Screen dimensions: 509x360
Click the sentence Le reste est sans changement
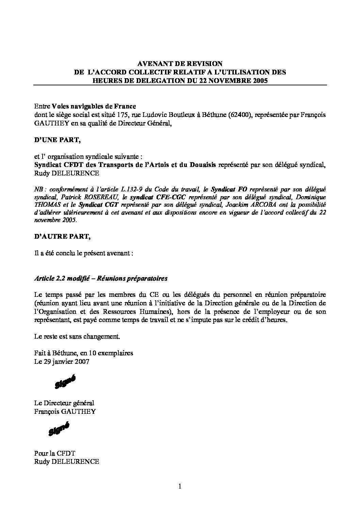tap(77, 337)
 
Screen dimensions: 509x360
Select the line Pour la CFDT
tap(54, 453)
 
